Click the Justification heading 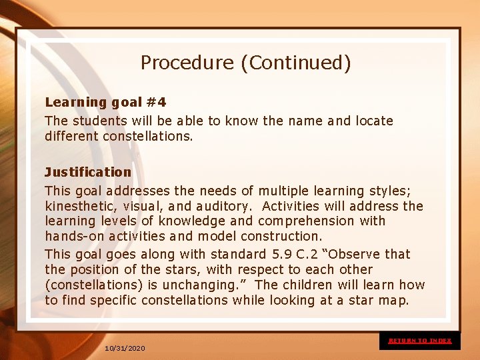pyautogui.click(x=88, y=172)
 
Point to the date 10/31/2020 pyautogui.click(x=125, y=348)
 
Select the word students pyautogui.click(x=98, y=121)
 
